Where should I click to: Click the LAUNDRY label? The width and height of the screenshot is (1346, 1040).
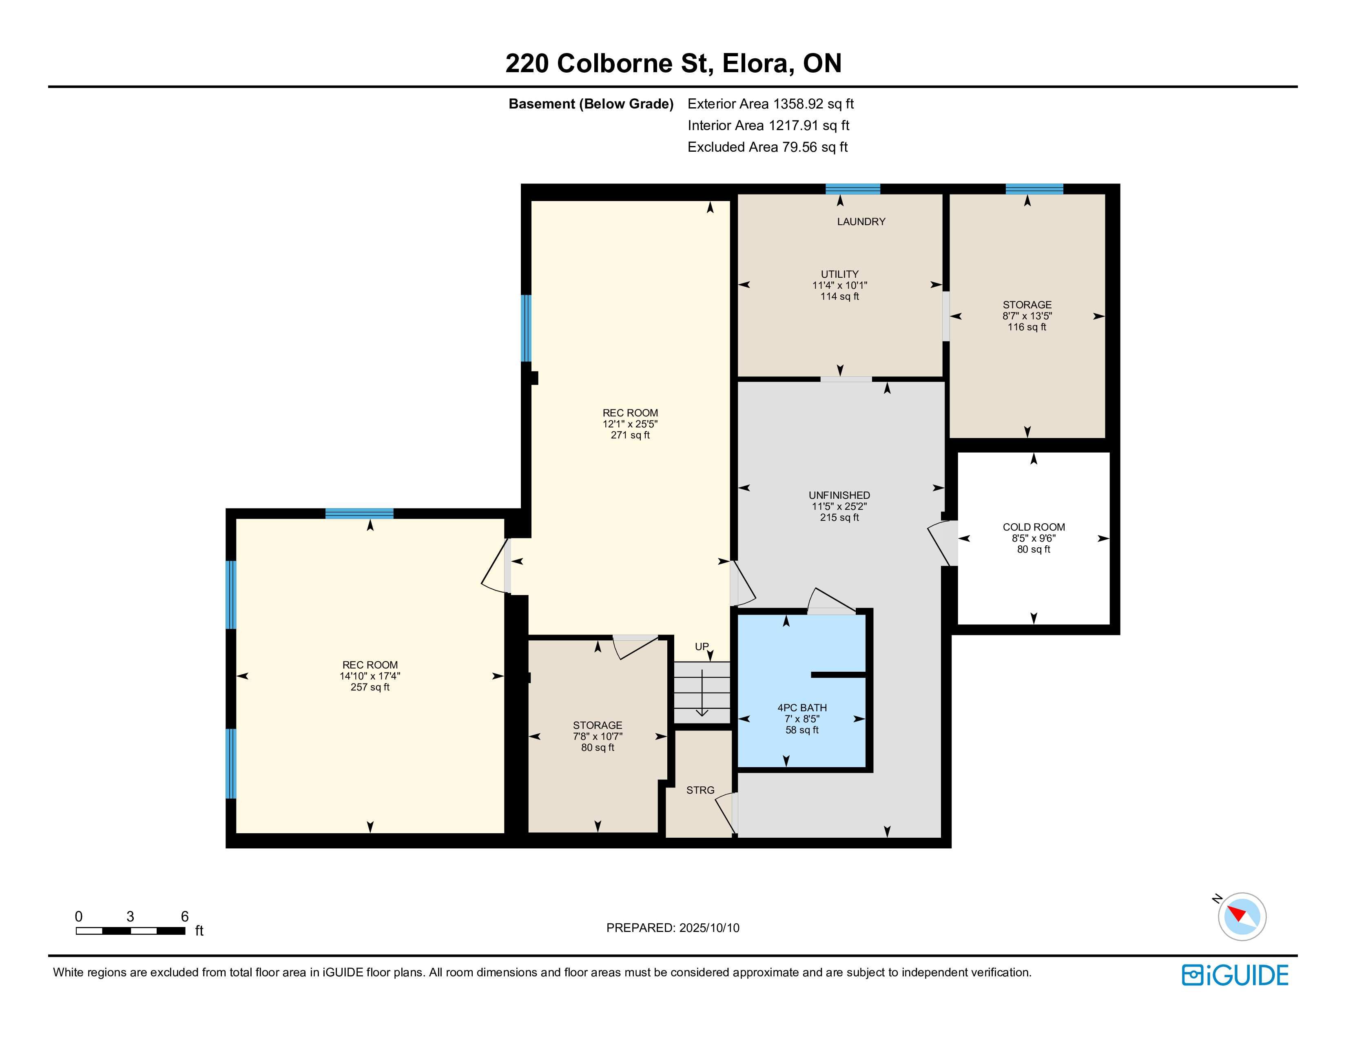pos(861,222)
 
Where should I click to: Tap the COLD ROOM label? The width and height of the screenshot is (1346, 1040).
pos(1034,527)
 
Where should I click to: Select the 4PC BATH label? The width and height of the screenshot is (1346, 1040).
pos(802,708)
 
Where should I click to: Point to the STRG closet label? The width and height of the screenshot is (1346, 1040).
pos(700,790)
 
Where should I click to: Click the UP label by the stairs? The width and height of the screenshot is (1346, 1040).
pos(702,646)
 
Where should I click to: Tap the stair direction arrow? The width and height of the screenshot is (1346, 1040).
pos(702,693)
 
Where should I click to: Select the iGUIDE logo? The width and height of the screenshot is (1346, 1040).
pos(1235,975)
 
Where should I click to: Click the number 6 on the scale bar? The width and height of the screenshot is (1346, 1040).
pos(184,916)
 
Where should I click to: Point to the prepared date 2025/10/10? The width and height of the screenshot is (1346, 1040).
pos(709,928)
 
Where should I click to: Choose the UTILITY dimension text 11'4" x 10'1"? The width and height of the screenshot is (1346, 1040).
pos(839,285)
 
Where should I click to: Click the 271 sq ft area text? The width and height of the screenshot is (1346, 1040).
pos(630,435)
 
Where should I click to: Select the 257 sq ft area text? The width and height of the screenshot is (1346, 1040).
pos(370,687)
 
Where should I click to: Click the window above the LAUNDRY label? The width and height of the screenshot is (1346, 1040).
pos(853,188)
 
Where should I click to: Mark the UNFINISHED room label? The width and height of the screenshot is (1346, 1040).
pos(839,496)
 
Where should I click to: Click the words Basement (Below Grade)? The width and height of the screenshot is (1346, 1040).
pos(591,104)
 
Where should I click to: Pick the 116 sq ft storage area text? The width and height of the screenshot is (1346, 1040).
pos(1027,327)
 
